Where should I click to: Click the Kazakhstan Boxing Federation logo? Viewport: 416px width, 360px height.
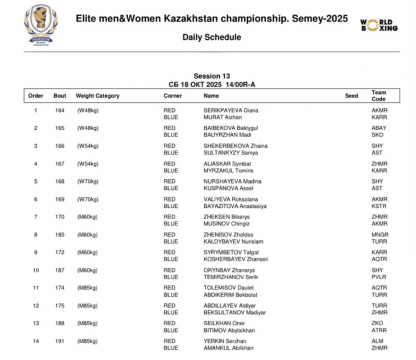pyautogui.click(x=40, y=25)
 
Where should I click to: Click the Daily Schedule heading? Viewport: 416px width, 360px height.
pyautogui.click(x=211, y=38)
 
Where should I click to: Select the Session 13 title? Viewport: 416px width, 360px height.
pyautogui.click(x=211, y=76)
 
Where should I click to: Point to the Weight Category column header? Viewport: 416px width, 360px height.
pyautogui.click(x=98, y=96)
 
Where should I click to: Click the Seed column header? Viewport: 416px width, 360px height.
pyautogui.click(x=351, y=96)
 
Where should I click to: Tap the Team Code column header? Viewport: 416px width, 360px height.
pyautogui.click(x=378, y=96)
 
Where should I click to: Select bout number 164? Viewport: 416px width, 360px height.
pyautogui.click(x=60, y=110)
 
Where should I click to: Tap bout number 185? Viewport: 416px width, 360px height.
pyautogui.click(x=60, y=235)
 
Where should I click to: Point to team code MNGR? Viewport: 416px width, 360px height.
pyautogui.click(x=380, y=235)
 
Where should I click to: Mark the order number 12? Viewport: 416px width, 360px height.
pyautogui.click(x=35, y=306)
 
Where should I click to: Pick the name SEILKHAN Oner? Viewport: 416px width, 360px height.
pyautogui.click(x=224, y=323)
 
